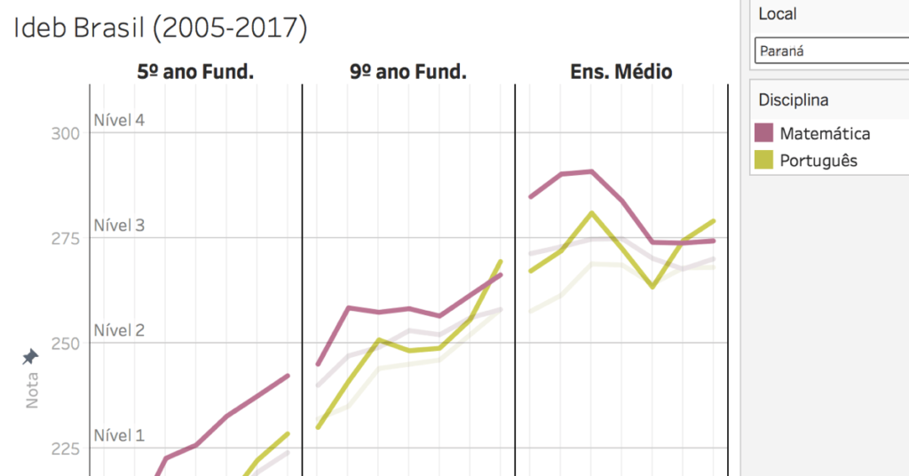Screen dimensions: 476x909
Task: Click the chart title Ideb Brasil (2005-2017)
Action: [160, 28]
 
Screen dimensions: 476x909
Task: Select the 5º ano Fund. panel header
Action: [195, 72]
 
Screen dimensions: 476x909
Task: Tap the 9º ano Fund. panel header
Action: [408, 72]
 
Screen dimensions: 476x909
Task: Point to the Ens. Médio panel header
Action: [620, 72]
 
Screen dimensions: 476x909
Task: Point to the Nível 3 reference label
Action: [119, 226]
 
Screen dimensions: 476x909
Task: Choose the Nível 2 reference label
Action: [119, 330]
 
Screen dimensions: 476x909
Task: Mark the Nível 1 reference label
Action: [119, 435]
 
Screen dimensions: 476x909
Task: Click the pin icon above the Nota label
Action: [30, 357]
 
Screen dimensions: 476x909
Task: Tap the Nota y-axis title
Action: [32, 391]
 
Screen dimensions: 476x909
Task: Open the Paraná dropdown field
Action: [830, 52]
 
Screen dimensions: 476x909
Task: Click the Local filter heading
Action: [777, 14]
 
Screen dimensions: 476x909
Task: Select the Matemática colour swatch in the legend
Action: [764, 133]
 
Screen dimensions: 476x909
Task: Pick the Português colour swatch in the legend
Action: [764, 160]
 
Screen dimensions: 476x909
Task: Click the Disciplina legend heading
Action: [793, 99]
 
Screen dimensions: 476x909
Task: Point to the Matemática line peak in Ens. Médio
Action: [590, 171]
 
